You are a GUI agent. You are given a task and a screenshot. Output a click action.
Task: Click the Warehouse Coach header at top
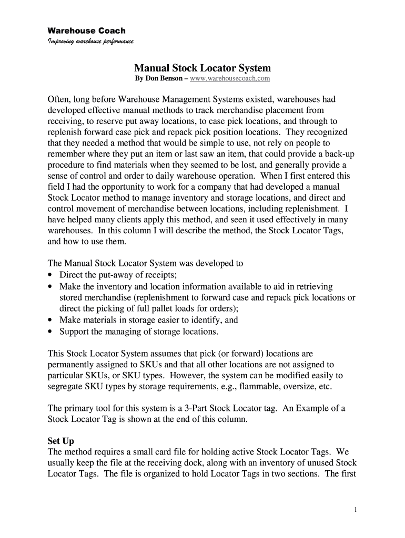point(87,31)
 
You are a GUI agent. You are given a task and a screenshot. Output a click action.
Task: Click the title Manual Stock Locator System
point(202,68)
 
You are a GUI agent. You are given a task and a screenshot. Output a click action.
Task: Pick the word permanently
point(70,365)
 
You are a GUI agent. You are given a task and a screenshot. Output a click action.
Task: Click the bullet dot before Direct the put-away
point(50,275)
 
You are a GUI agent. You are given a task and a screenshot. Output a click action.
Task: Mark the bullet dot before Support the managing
point(50,332)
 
